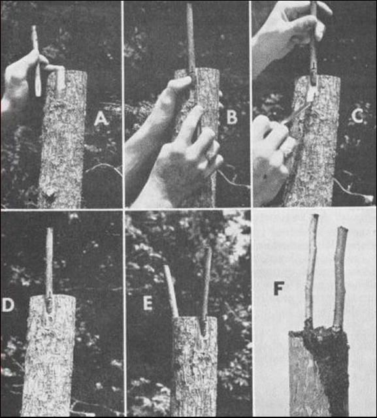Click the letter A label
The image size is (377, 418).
[x=101, y=119]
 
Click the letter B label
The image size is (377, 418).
[x=232, y=118]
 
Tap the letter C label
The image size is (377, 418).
[x=358, y=117]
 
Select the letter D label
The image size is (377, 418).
[x=8, y=305]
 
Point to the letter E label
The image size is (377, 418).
[x=148, y=303]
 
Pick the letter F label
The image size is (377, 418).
[x=278, y=288]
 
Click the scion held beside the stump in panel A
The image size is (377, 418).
[x=36, y=61]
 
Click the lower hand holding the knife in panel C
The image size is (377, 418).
[x=273, y=150]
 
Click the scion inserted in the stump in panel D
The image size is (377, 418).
[x=49, y=269]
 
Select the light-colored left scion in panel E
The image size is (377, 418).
[x=171, y=291]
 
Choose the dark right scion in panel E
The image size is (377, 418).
[x=206, y=291]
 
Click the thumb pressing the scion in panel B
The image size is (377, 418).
[x=181, y=86]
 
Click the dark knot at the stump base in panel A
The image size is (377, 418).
[x=50, y=196]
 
